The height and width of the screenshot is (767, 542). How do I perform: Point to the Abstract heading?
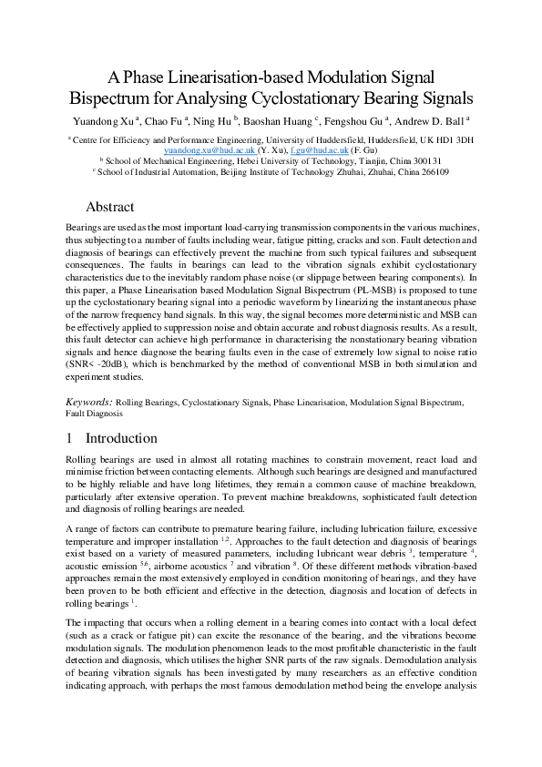[109, 207]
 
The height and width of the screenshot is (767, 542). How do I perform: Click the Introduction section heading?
[121, 438]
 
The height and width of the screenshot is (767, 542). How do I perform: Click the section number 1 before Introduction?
[70, 438]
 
